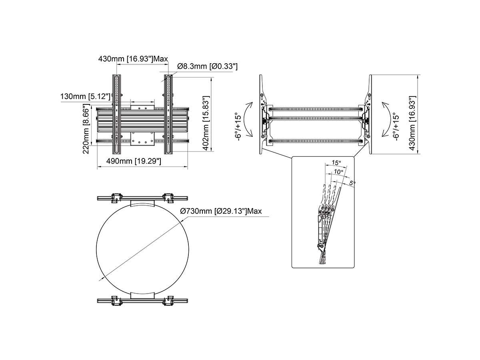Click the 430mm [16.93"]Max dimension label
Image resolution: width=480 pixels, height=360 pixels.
tap(133, 59)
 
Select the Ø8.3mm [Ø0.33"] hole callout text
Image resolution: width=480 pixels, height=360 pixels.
tap(207, 66)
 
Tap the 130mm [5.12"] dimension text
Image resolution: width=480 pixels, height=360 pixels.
tap(85, 96)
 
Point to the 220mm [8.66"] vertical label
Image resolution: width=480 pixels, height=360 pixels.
tap(86, 129)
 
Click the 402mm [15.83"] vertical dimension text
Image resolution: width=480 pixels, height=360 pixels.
tap(206, 123)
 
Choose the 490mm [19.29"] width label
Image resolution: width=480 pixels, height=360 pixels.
tap(134, 161)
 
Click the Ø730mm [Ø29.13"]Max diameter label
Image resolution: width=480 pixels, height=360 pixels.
tap(221, 211)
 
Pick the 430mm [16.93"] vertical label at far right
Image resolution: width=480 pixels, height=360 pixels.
tap(412, 123)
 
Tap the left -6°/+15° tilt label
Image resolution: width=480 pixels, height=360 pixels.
tap(238, 126)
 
